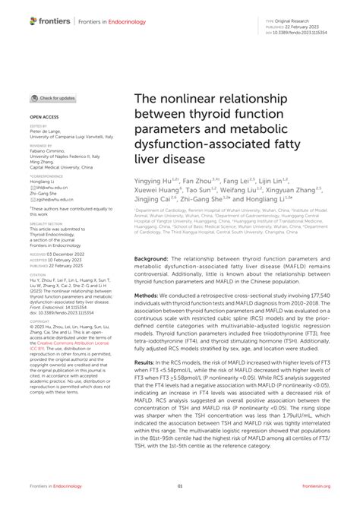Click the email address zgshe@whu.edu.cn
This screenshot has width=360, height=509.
click(x=53, y=199)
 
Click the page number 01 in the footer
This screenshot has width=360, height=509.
click(x=180, y=488)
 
